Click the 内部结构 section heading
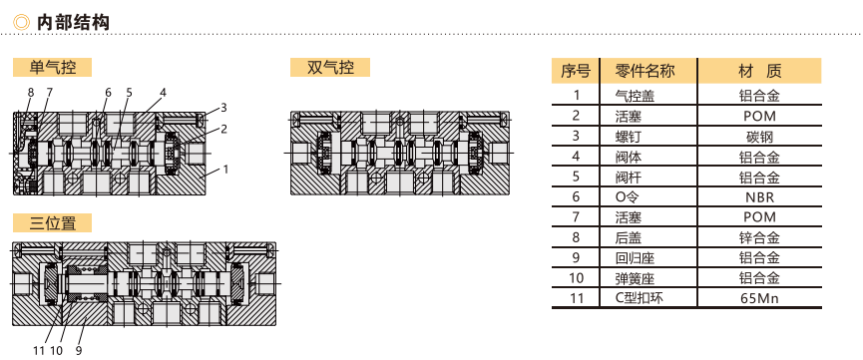click(x=73, y=23)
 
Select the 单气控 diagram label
click(x=52, y=68)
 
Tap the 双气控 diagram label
click(x=330, y=68)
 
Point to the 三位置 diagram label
click(x=52, y=223)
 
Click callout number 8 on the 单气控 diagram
click(x=30, y=92)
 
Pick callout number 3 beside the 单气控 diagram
click(x=224, y=108)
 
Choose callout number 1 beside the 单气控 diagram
click(x=225, y=170)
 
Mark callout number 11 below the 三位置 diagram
click(x=38, y=350)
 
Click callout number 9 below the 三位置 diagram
click(x=79, y=350)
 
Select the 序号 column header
click(x=576, y=71)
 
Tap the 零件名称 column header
click(x=646, y=71)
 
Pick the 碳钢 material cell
click(x=759, y=136)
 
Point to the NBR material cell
click(x=759, y=197)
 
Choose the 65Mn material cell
click(x=759, y=298)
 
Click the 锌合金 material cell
click(x=759, y=237)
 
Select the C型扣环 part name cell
click(x=640, y=298)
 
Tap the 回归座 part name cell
click(x=635, y=258)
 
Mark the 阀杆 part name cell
click(x=628, y=177)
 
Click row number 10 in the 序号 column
click(x=576, y=278)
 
